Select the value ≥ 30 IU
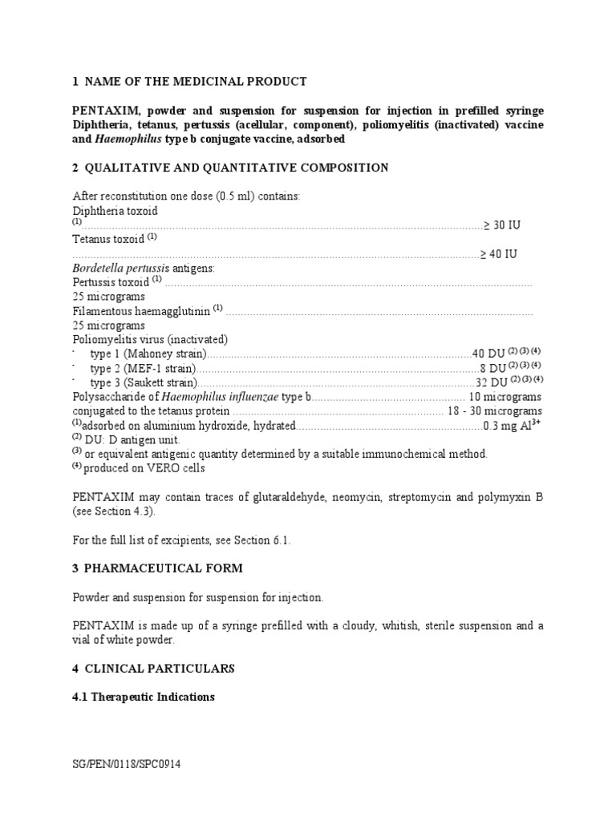[500, 225]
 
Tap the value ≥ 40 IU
[498, 254]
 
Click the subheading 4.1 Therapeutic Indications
[144, 697]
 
